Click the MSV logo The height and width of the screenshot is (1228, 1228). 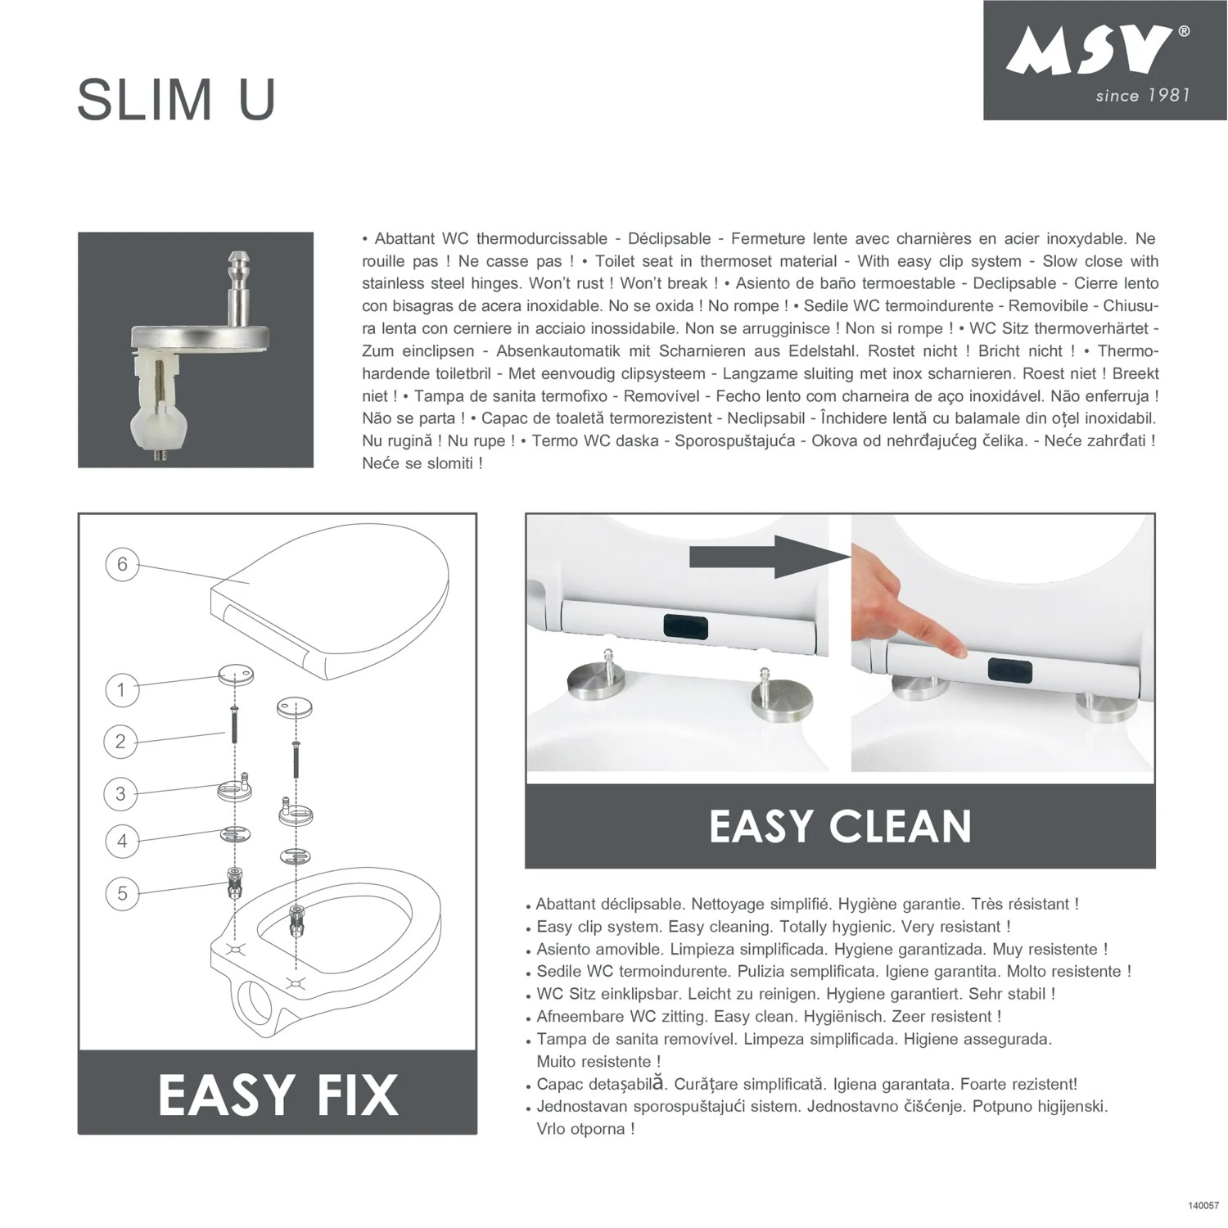coord(1088,51)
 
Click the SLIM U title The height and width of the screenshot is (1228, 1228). coord(176,100)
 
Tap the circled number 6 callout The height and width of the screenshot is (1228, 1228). coord(122,564)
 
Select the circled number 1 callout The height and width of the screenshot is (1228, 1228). coord(122,689)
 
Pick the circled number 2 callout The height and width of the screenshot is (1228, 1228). coord(120,742)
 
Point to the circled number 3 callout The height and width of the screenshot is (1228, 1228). coord(120,793)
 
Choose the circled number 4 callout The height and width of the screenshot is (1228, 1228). coord(122,841)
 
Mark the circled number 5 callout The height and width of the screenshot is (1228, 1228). coord(122,892)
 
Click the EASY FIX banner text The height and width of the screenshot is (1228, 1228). coord(278,1095)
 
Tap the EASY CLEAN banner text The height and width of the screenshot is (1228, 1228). coord(840,826)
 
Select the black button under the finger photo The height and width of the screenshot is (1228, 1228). coord(1009,671)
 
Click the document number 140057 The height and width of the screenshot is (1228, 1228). coord(1203,1205)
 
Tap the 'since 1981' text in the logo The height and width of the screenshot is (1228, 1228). coord(1142,96)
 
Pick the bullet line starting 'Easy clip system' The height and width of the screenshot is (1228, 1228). coord(774,927)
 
